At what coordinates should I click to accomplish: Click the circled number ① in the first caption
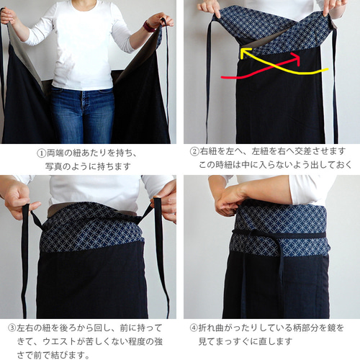pyautogui.click(x=42, y=153)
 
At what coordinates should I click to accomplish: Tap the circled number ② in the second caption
pyautogui.click(x=194, y=151)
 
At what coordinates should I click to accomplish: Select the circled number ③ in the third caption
pyautogui.click(x=12, y=328)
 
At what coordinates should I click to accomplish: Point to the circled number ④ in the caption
pyautogui.click(x=194, y=328)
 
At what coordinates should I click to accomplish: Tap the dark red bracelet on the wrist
pyautogui.click(x=148, y=27)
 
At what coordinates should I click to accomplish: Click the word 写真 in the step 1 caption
pyautogui.click(x=53, y=166)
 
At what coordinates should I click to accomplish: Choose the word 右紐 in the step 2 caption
pyautogui.click(x=208, y=151)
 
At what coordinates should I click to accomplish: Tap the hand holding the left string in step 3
pyautogui.click(x=18, y=199)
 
